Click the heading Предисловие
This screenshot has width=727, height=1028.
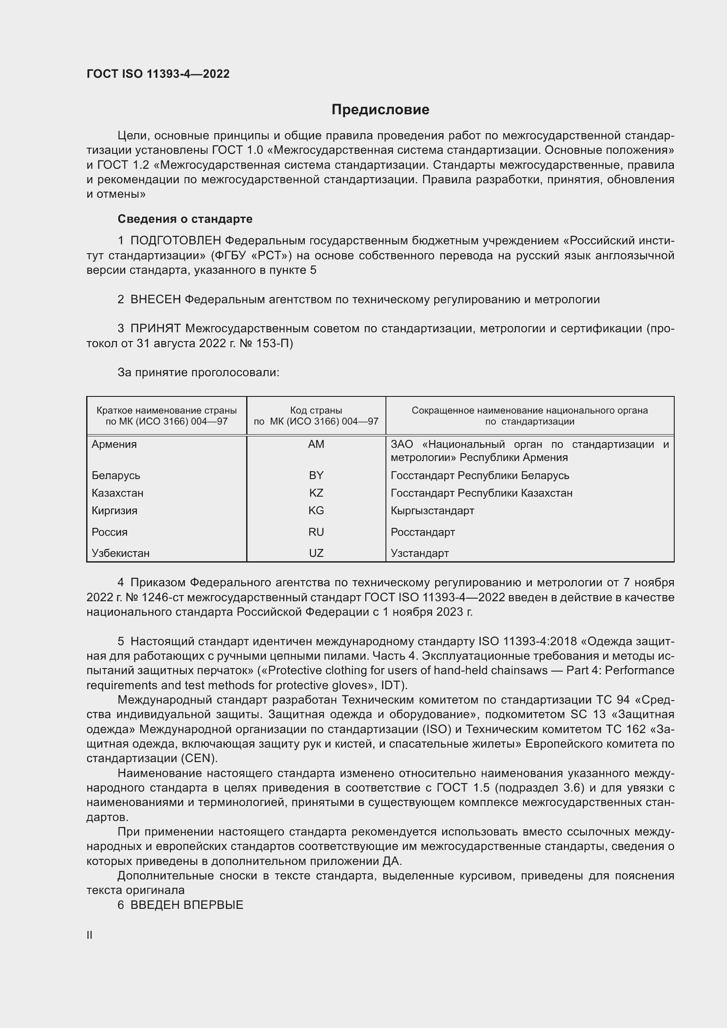pyautogui.click(x=380, y=110)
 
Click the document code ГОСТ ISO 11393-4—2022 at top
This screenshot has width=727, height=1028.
pyautogui.click(x=158, y=74)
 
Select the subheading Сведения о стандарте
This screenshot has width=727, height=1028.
pyautogui.click(x=185, y=219)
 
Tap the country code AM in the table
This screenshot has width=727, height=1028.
pyautogui.click(x=316, y=444)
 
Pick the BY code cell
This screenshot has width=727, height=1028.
pyautogui.click(x=316, y=475)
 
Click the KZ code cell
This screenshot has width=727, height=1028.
pyautogui.click(x=316, y=493)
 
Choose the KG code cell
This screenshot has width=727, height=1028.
pyautogui.click(x=316, y=510)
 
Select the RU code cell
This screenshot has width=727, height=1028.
pyautogui.click(x=316, y=532)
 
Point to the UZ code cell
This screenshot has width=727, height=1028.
pyautogui.click(x=316, y=553)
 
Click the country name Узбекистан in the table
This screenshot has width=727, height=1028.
pyautogui.click(x=120, y=553)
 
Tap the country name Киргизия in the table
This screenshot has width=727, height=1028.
pyautogui.click(x=115, y=510)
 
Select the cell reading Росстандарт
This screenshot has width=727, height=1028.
pyautogui.click(x=422, y=532)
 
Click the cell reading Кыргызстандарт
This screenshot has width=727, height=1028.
pyautogui.click(x=433, y=510)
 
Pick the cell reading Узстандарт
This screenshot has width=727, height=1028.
pyautogui.click(x=419, y=553)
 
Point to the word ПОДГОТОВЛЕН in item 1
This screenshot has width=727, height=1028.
pyautogui.click(x=175, y=241)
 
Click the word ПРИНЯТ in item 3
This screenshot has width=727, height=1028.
pyautogui.click(x=155, y=329)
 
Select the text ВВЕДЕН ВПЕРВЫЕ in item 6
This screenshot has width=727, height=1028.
pyautogui.click(x=187, y=905)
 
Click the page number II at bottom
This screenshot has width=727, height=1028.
pyautogui.click(x=90, y=935)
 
